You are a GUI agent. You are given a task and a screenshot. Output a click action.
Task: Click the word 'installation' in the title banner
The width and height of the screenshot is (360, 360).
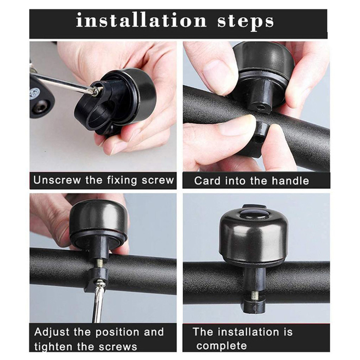tap(141, 21)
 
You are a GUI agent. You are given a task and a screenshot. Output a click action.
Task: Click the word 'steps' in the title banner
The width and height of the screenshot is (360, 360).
tap(245, 22)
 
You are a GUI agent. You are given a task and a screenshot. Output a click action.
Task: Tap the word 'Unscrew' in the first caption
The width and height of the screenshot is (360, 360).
tap(57, 180)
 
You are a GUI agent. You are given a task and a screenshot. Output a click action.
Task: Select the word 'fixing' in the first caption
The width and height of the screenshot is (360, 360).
tap(122, 181)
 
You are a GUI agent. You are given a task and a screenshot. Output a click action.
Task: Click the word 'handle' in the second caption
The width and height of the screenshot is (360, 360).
tap(290, 181)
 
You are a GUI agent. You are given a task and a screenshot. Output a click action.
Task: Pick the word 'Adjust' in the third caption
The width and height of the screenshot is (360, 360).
tap(52, 332)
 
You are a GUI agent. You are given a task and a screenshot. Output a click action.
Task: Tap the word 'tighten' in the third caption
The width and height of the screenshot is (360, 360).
tap(52, 347)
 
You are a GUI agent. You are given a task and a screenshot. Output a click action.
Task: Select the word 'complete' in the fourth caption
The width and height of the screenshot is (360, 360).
tap(222, 346)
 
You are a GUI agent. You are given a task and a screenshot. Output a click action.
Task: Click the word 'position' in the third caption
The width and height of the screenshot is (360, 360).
tap(117, 333)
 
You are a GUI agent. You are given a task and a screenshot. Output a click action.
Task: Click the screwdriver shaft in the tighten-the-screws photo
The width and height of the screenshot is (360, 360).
tap(97, 302)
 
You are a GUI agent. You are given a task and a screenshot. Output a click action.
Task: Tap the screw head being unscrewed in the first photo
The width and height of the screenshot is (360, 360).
tap(95, 91)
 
